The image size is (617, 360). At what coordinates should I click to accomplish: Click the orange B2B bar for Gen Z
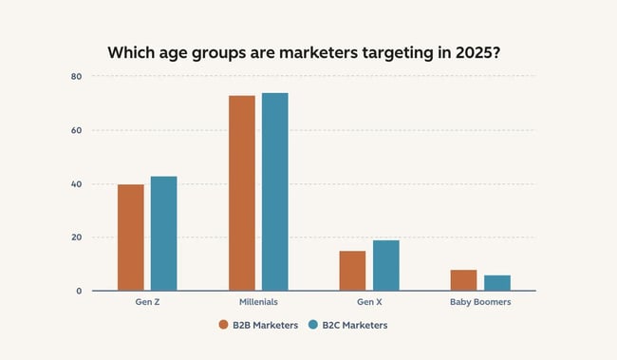pyautogui.click(x=131, y=237)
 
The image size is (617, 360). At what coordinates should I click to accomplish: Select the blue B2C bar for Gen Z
pyautogui.click(x=164, y=234)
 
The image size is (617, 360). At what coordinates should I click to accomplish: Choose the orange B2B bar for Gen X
pyautogui.click(x=352, y=271)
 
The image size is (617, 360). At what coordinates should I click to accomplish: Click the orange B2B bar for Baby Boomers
pyautogui.click(x=464, y=280)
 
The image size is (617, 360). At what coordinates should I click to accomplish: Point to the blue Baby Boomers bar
pyautogui.click(x=497, y=283)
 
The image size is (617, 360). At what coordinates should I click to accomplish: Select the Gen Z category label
pyautogui.click(x=147, y=303)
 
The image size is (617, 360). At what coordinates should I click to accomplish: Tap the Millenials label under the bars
pyautogui.click(x=258, y=303)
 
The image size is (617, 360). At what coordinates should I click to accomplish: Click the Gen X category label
pyautogui.click(x=369, y=303)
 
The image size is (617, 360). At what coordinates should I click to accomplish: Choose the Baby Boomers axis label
pyautogui.click(x=480, y=303)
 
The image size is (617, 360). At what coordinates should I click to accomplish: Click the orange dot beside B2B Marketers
pyautogui.click(x=224, y=325)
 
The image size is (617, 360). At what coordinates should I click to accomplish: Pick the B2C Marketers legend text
pyautogui.click(x=354, y=325)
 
